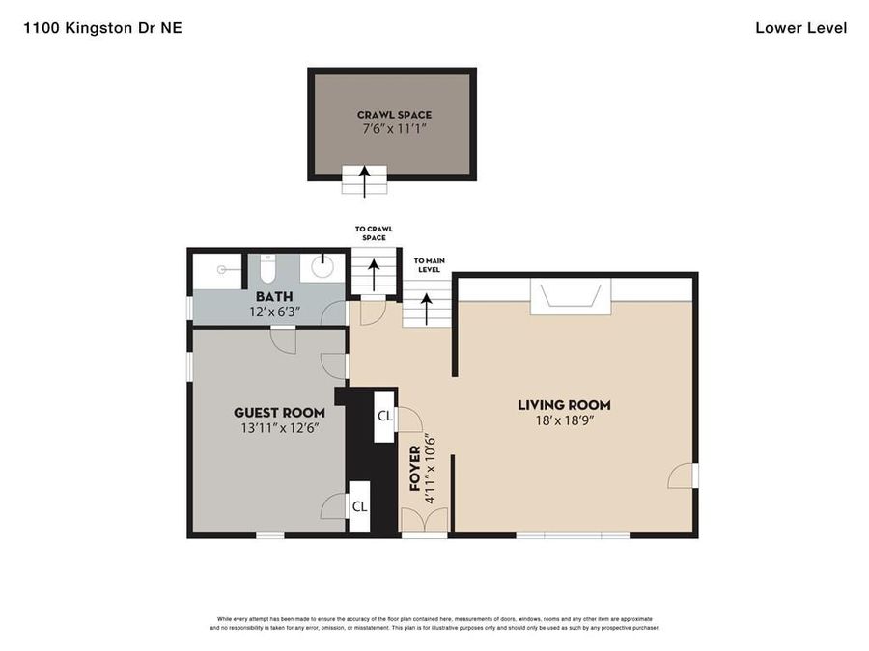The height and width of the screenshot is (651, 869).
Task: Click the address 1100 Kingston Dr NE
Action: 102,28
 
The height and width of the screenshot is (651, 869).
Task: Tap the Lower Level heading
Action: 800,28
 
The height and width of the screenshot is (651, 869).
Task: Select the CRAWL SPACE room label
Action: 394,115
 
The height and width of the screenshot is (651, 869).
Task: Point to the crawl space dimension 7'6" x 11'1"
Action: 394,129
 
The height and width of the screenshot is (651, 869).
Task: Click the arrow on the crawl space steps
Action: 364,181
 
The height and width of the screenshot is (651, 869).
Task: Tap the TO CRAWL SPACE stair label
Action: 374,233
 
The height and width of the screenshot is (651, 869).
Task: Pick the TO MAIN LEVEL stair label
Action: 429,265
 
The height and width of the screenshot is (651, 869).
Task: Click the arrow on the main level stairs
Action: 426,309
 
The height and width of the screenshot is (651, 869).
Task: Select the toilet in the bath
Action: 267,268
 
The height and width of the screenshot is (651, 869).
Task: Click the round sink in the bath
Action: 322,267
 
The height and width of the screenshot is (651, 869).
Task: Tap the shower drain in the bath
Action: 222,270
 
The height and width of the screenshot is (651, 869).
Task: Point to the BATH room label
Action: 274,297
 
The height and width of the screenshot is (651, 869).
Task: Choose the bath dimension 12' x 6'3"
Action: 274,312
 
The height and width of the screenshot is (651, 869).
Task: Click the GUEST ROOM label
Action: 279,413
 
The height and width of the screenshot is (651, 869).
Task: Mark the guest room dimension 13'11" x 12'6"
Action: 279,428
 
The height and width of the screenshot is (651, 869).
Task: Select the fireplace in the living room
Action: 571,297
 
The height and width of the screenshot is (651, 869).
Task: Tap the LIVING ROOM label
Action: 564,405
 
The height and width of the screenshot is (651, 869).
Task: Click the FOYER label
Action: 415,469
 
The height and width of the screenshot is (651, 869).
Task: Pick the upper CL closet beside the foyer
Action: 384,416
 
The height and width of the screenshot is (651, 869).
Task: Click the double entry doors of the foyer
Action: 425,521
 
